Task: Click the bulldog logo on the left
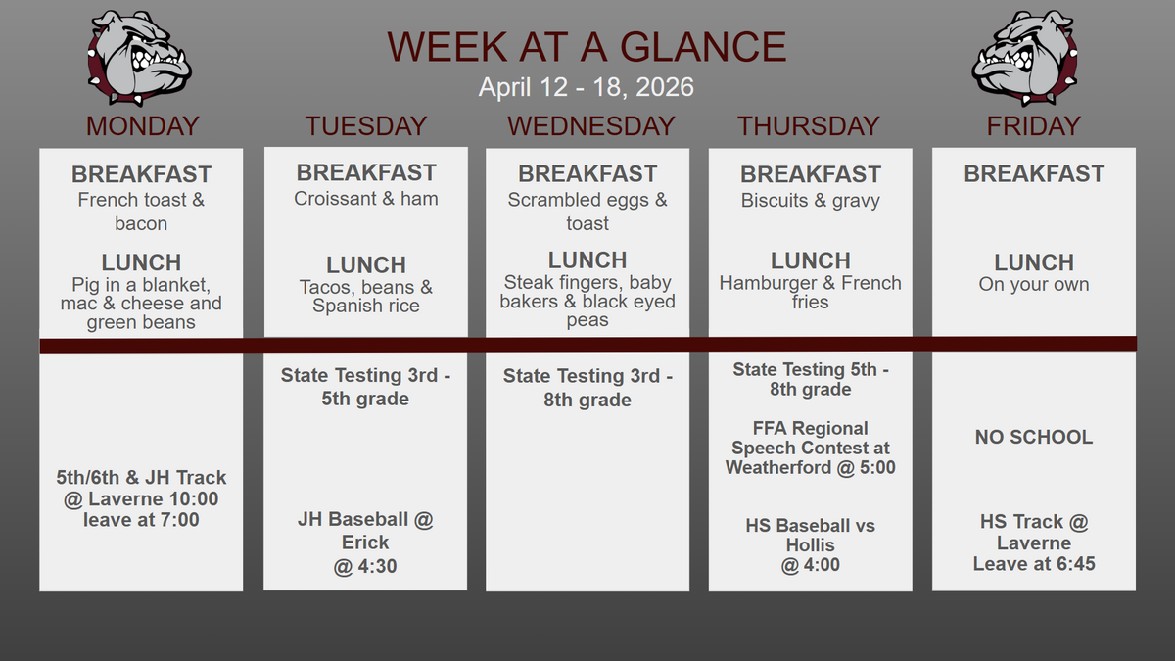pyautogui.click(x=139, y=58)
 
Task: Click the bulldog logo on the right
pyautogui.click(x=1024, y=58)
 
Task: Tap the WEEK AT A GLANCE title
pyautogui.click(x=587, y=47)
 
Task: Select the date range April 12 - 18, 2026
pyautogui.click(x=587, y=87)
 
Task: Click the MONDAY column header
pyautogui.click(x=142, y=126)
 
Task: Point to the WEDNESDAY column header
pyautogui.click(x=590, y=126)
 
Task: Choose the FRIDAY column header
pyautogui.click(x=1033, y=126)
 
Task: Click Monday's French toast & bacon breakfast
pyautogui.click(x=141, y=212)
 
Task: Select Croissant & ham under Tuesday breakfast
pyautogui.click(x=365, y=199)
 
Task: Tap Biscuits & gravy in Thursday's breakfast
pyautogui.click(x=811, y=201)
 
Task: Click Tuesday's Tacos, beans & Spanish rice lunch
pyautogui.click(x=365, y=297)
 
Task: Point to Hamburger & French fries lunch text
pyautogui.click(x=811, y=292)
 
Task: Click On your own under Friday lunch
pyautogui.click(x=1034, y=284)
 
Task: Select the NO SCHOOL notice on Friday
pyautogui.click(x=1034, y=437)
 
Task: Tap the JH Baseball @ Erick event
pyautogui.click(x=365, y=543)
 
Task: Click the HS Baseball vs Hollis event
pyautogui.click(x=811, y=545)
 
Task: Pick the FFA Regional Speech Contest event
pyautogui.click(x=811, y=449)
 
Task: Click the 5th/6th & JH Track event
pyautogui.click(x=141, y=498)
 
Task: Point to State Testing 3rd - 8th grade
pyautogui.click(x=587, y=388)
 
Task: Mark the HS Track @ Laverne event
pyautogui.click(x=1034, y=543)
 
